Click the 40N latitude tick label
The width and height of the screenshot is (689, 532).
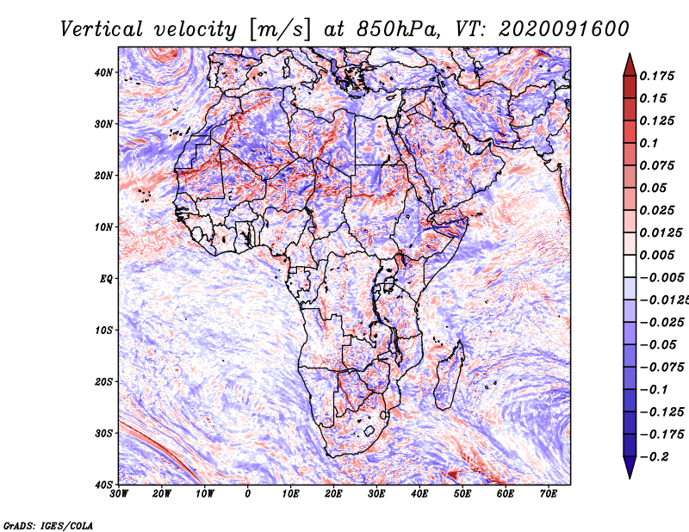point(102,72)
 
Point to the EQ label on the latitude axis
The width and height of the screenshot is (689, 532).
point(106,279)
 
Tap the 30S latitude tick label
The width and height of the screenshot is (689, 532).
point(103,434)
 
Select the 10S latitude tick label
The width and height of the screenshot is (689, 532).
point(103,331)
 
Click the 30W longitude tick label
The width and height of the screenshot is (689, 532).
point(119,494)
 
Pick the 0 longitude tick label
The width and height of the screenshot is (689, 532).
point(248,494)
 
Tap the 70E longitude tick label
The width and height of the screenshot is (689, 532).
point(548,494)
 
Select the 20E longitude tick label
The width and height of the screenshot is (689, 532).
point(333,494)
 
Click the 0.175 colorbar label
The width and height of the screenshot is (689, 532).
point(656,76)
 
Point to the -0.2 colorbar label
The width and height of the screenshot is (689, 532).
point(655,457)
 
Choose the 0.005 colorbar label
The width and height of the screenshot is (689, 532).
point(656,255)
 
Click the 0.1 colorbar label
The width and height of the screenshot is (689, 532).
point(649,143)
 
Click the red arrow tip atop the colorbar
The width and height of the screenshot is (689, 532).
point(630,54)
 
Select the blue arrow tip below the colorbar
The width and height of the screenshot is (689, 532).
point(630,478)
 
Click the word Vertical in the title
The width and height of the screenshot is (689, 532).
point(101,29)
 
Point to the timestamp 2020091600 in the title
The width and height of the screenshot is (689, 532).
point(564,29)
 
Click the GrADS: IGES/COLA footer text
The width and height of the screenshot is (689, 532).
point(48,525)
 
